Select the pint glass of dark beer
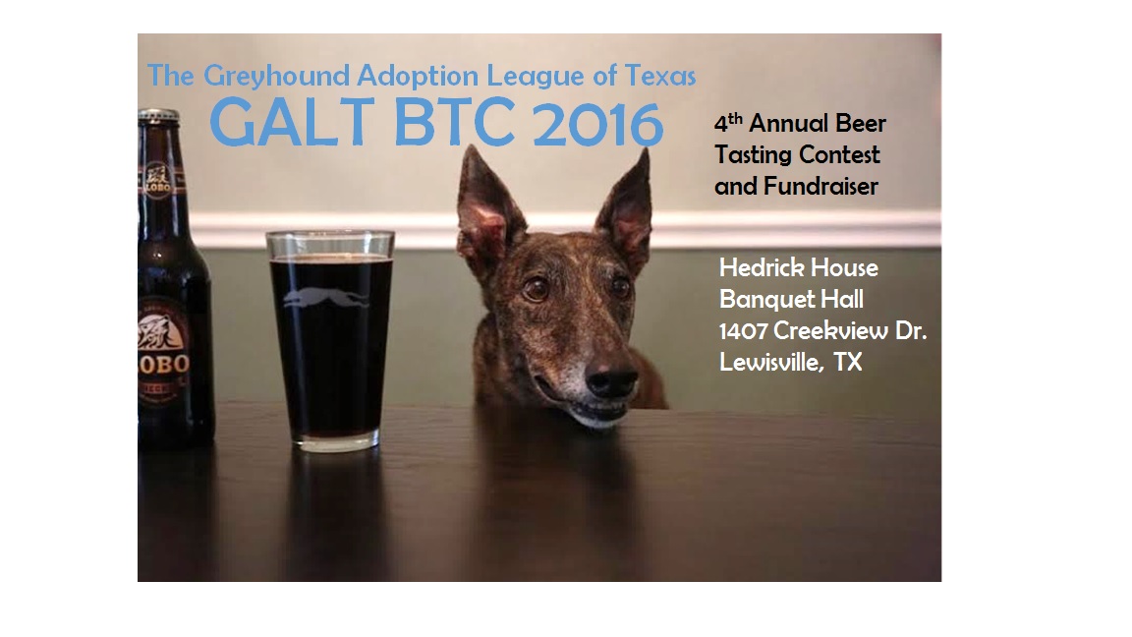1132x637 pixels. coord(330,341)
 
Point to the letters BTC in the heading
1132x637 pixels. coord(453,122)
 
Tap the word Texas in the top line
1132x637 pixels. coord(660,75)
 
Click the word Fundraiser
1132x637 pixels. coord(821,186)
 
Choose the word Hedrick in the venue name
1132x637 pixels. coord(763,267)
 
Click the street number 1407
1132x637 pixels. coord(743,330)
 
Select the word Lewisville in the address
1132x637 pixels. coord(771,362)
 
